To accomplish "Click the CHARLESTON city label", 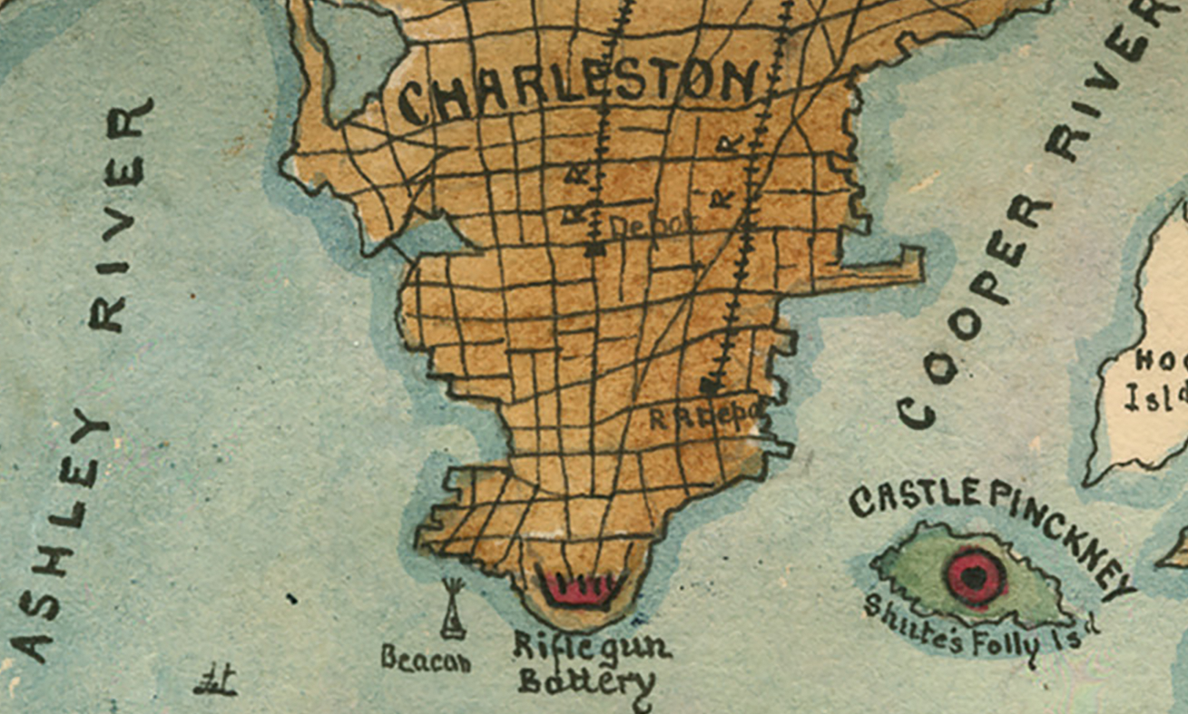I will pos(577,89).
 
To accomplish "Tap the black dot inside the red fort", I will pos(975,575).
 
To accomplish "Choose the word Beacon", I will pos(426,660).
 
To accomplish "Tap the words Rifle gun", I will pos(592,647).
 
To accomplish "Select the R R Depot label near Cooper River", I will pos(704,417).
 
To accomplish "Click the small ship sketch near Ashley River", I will pos(215,680).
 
